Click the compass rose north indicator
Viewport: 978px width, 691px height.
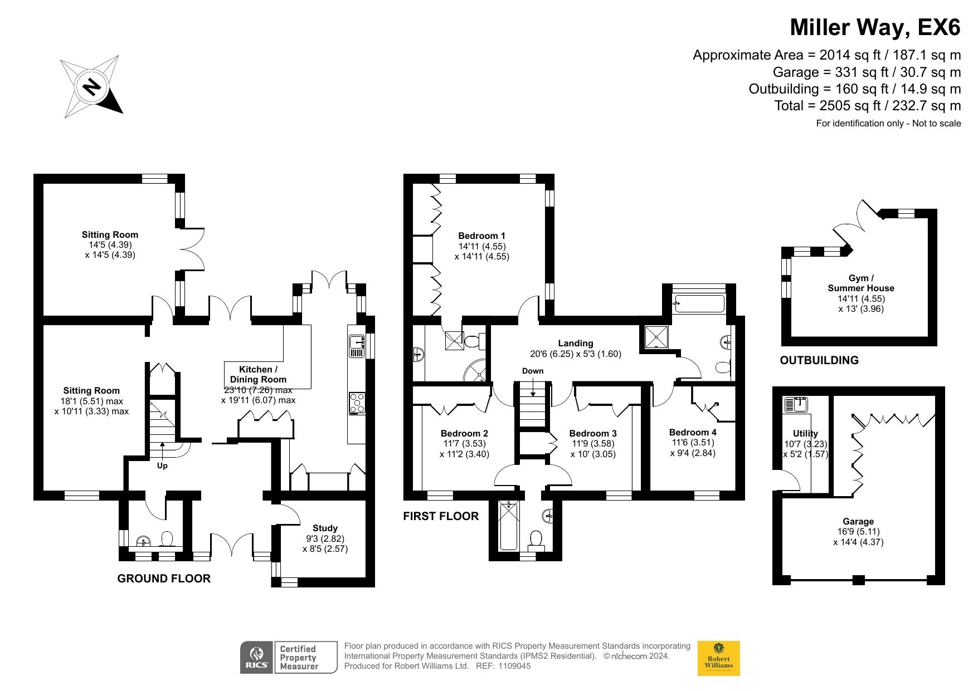(91, 86)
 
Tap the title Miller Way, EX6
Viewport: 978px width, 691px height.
(875, 27)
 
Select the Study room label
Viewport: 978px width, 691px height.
(325, 528)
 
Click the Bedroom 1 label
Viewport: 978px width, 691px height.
(481, 236)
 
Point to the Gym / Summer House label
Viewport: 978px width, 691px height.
(861, 283)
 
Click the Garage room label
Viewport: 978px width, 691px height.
(858, 521)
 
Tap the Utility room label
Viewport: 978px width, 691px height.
(805, 433)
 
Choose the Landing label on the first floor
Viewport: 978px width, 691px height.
(576, 343)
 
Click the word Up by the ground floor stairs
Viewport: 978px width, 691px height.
(162, 465)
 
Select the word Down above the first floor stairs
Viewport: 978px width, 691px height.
(533, 371)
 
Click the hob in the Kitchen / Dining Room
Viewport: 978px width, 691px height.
(357, 403)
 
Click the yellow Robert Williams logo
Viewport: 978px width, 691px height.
(719, 658)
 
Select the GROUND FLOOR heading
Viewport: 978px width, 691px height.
(164, 579)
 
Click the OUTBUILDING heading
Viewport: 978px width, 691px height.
(819, 360)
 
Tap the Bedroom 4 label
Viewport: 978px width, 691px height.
(693, 432)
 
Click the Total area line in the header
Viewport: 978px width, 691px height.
(868, 105)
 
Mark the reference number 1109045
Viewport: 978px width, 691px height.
(514, 666)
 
